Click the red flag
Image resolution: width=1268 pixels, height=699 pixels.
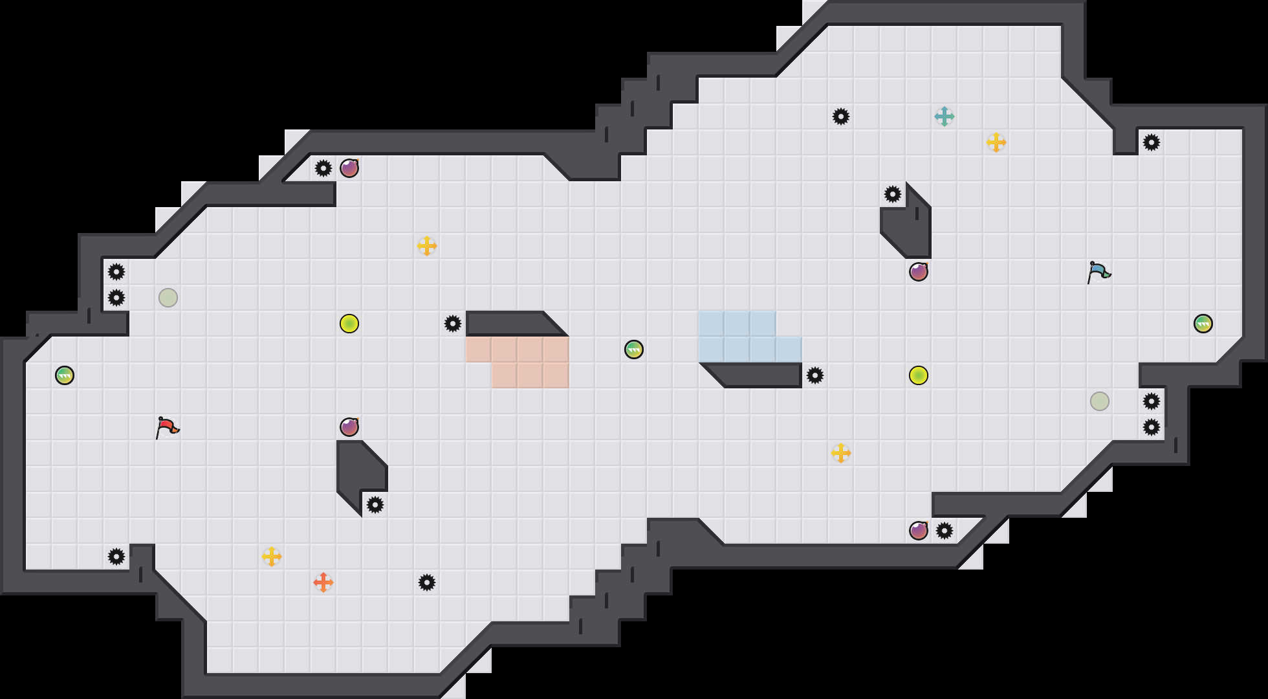167,427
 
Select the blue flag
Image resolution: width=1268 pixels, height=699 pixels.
1099,272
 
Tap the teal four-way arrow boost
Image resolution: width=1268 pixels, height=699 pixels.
945,116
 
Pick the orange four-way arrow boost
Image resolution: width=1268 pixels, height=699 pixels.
323,582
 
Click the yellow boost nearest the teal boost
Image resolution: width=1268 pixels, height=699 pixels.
996,142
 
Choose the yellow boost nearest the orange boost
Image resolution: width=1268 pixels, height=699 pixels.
272,557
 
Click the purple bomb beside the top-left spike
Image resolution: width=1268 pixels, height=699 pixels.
349,168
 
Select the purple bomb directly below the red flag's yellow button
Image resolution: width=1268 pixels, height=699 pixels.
349,427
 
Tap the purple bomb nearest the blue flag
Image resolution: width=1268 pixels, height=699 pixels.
919,272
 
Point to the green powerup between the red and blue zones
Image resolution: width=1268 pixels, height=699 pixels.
634,349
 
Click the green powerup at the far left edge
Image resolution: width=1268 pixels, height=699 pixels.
65,375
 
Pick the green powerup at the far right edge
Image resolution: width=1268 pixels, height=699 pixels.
1203,324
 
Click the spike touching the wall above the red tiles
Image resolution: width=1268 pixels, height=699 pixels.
453,324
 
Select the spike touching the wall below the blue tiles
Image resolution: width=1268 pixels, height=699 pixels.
815,375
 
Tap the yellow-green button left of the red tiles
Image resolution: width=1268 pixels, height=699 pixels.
349,324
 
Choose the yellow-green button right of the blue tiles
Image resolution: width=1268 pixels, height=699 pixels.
919,375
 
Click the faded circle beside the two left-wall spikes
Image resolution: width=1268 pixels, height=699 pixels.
168,298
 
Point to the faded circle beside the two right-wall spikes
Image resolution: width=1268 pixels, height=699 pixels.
1100,401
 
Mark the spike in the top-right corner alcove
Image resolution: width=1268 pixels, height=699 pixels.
1152,142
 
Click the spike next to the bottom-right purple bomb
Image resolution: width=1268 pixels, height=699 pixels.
945,531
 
